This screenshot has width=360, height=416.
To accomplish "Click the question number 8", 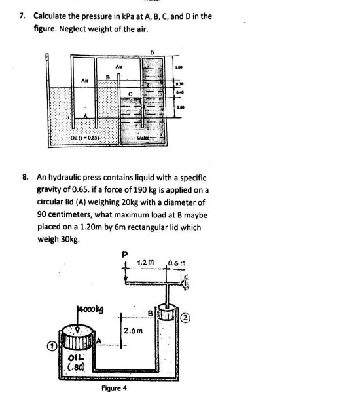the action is pos(24,177).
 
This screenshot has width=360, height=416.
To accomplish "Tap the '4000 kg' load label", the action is pos(89,307).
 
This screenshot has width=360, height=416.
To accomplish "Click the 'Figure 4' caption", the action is pos(115,388).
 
